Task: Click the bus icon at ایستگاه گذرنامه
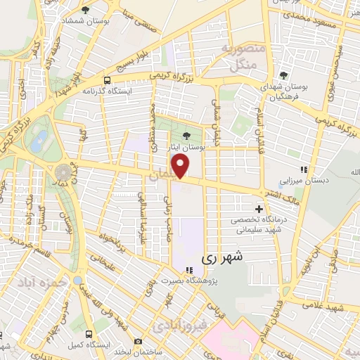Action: pos(108,80)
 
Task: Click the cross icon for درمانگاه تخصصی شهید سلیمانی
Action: pos(259,209)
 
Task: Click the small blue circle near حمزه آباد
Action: pos(77,281)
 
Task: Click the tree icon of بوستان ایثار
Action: pos(186,136)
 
